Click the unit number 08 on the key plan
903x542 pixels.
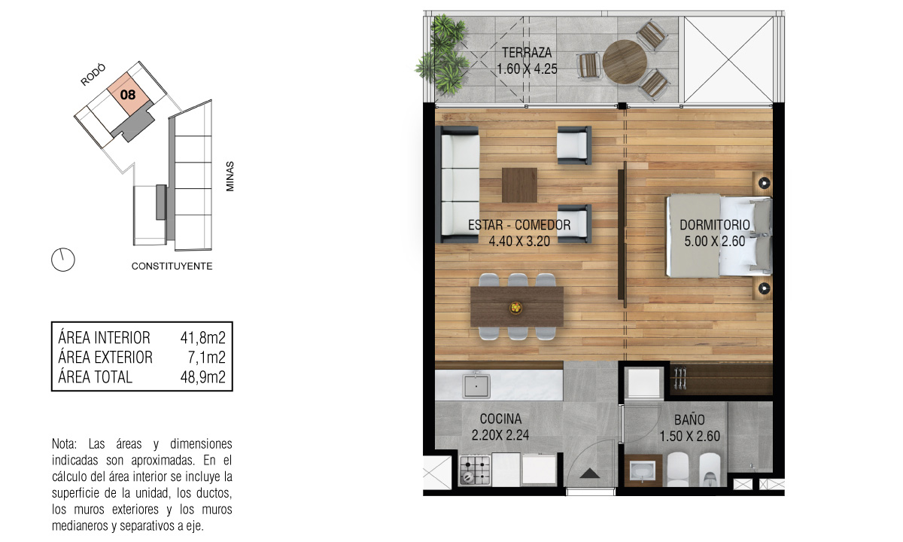point(128,95)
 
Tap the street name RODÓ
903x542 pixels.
point(93,75)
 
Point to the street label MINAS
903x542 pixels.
point(230,176)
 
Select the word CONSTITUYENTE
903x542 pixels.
point(172,266)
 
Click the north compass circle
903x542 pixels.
point(63,259)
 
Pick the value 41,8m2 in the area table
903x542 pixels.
point(202,338)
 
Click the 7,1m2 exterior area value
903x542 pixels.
point(206,358)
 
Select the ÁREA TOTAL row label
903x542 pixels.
point(95,377)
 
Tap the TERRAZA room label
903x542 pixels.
point(527,53)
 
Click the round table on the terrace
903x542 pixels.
point(625,62)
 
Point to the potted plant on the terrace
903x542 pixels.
point(443,54)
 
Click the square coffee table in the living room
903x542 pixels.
point(519,185)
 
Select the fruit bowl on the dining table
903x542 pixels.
point(515,308)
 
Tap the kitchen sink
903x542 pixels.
point(476,386)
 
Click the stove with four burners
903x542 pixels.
point(476,470)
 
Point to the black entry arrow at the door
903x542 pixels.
point(590,473)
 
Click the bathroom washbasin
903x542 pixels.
point(643,471)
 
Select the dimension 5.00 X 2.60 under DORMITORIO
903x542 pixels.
point(714,241)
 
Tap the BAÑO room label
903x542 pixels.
point(689,419)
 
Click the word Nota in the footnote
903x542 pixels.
point(64,444)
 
